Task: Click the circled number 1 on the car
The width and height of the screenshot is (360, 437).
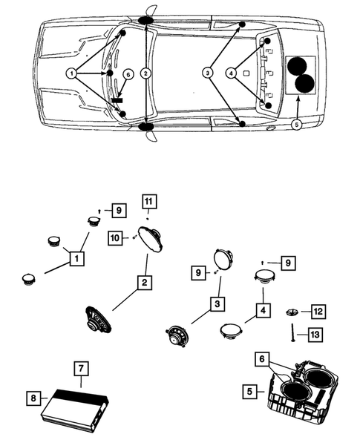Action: click(x=72, y=73)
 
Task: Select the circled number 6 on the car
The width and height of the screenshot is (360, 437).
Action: click(x=128, y=74)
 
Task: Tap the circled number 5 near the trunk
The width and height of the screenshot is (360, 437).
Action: click(x=297, y=125)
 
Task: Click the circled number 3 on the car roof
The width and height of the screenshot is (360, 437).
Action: click(x=208, y=73)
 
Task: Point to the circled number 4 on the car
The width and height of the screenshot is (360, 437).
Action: click(x=231, y=73)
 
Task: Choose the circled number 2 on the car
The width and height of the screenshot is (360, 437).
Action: click(x=145, y=73)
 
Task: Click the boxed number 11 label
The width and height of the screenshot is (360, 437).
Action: click(x=149, y=202)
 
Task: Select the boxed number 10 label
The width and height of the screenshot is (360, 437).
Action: click(x=115, y=238)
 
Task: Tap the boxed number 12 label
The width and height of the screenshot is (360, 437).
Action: click(x=318, y=312)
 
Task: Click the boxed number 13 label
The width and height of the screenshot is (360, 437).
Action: click(x=315, y=334)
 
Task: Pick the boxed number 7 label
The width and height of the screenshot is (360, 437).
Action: click(x=81, y=369)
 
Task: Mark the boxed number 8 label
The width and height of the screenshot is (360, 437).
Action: click(x=33, y=398)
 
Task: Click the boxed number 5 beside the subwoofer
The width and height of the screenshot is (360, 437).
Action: click(x=249, y=391)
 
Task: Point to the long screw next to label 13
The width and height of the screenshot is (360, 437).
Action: click(x=292, y=332)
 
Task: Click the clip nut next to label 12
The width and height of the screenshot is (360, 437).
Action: click(x=292, y=312)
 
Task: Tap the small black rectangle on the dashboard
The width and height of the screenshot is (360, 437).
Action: click(x=117, y=99)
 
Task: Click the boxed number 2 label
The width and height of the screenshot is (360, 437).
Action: click(x=145, y=283)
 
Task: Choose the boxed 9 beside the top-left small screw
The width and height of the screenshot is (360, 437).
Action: click(x=119, y=210)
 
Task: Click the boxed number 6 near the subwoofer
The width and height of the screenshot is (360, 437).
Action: click(x=262, y=359)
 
